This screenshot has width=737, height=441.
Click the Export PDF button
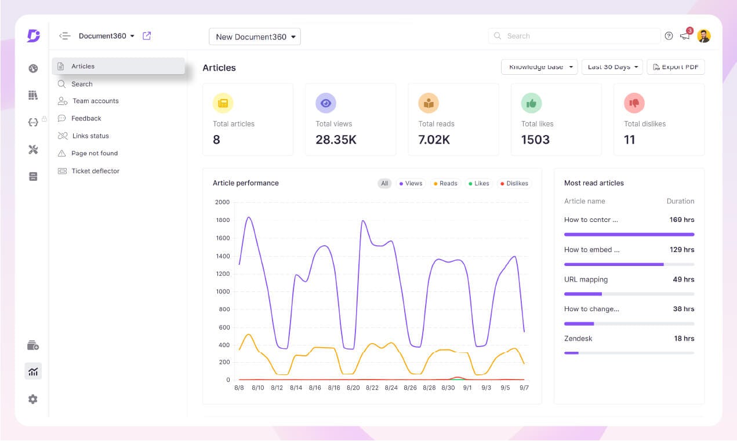coord(676,67)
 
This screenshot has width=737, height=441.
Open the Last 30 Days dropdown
coord(612,67)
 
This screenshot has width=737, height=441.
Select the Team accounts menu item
coord(95,101)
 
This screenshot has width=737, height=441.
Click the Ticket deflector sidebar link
coord(95,171)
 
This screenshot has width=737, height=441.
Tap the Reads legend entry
coord(445,184)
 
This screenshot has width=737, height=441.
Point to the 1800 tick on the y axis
coord(223,220)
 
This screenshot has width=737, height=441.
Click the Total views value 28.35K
coord(336,140)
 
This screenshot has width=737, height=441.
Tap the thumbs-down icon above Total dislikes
coord(634,103)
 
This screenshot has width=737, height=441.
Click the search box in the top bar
coord(574,36)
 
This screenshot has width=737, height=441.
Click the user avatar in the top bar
coord(703,36)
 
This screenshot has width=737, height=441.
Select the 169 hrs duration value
coord(681,220)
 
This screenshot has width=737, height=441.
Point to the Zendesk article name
coord(578,338)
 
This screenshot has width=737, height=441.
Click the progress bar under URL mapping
coord(629,294)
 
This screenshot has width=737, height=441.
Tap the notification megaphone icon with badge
coord(685,36)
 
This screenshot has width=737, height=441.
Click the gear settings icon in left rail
coord(33,399)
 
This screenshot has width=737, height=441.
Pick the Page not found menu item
coord(94,154)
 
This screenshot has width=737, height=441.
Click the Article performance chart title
coord(246,183)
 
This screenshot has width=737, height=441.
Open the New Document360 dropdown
coord(255,37)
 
